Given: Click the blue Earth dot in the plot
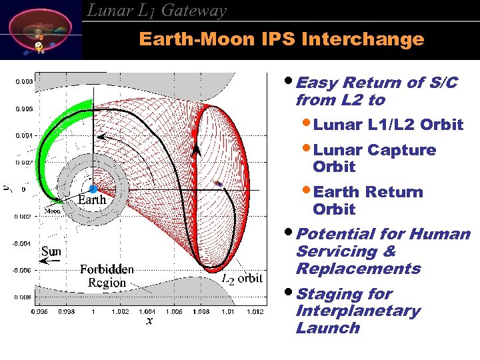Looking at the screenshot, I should coord(93,189).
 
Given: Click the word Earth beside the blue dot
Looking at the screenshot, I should coord(92,199).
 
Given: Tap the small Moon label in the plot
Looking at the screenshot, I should coord(53,211).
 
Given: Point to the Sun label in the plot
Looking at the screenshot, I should coord(51,251).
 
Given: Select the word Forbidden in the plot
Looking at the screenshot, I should coord(107,269).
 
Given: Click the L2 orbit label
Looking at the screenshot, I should coord(241,278).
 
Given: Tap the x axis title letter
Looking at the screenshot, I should coord(149,321).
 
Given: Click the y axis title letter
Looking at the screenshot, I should coord(7,189).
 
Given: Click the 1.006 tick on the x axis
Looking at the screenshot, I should coord(174,311).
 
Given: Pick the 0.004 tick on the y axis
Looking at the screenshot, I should coord(24,135).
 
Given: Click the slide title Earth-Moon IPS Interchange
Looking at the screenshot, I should coord(281,39).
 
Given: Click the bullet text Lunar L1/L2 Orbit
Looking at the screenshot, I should coord(388,125).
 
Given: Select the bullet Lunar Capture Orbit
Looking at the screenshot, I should coord(374,158).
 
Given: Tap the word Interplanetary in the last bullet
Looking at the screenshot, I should coord(358,311).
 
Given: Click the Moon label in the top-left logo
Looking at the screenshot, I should coord(45,25).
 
